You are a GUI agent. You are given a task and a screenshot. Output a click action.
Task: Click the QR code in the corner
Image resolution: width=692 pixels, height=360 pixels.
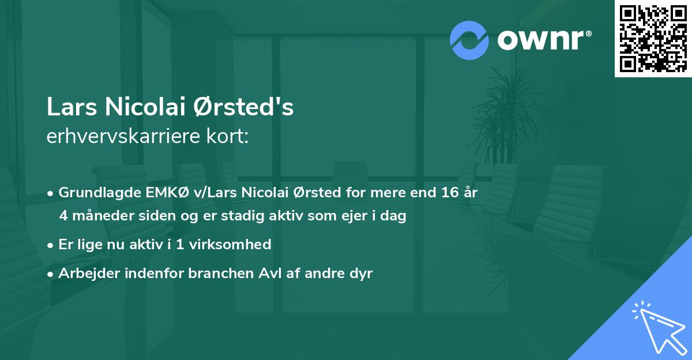(x=653, y=38)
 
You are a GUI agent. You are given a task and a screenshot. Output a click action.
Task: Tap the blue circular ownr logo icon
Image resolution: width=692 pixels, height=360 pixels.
(x=469, y=40)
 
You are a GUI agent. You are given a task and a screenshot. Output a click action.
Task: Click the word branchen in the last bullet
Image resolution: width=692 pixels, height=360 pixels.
(x=218, y=273)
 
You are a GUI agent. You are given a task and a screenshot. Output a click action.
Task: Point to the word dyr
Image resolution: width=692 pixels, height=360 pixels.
(x=360, y=273)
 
